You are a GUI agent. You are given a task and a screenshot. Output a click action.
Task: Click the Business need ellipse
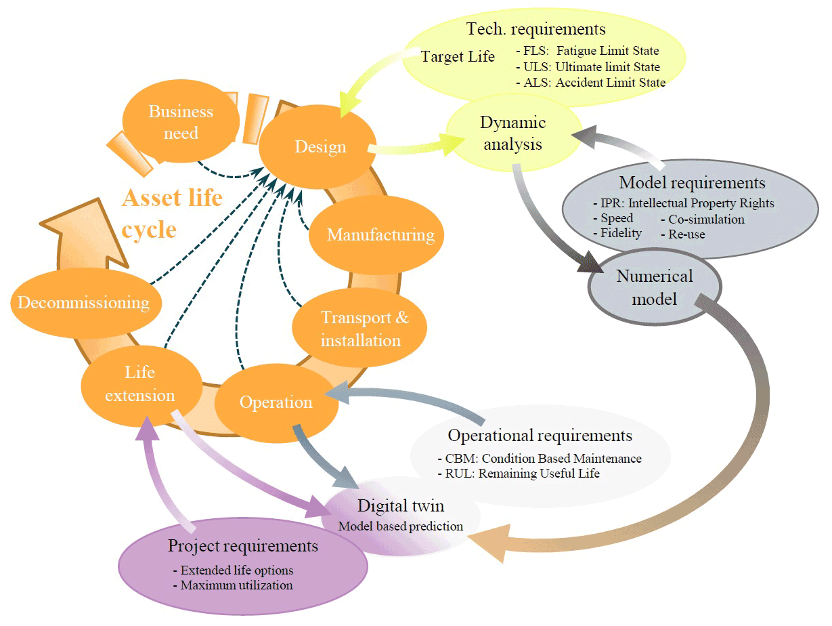181,122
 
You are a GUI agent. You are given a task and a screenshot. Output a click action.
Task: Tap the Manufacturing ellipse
380,235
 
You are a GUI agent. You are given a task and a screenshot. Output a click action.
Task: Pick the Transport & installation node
362,329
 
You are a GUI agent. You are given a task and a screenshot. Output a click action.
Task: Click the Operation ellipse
276,402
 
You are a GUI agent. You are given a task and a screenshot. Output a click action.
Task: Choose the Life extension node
140,384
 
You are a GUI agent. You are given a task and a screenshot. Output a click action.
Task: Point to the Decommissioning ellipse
83,302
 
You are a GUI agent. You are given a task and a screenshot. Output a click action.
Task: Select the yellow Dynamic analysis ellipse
512,133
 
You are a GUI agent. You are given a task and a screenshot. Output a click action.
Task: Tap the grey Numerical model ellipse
645,287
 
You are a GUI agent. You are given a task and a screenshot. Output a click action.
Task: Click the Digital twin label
401,505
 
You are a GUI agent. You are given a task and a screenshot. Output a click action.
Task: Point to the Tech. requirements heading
535,29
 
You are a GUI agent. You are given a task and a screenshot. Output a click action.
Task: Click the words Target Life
458,57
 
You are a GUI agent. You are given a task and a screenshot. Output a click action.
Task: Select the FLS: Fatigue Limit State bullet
587,51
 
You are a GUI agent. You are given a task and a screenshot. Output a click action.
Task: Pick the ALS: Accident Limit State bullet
590,83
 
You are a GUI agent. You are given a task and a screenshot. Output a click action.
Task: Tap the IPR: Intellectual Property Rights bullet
682,203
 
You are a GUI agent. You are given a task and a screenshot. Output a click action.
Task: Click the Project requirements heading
243,546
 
